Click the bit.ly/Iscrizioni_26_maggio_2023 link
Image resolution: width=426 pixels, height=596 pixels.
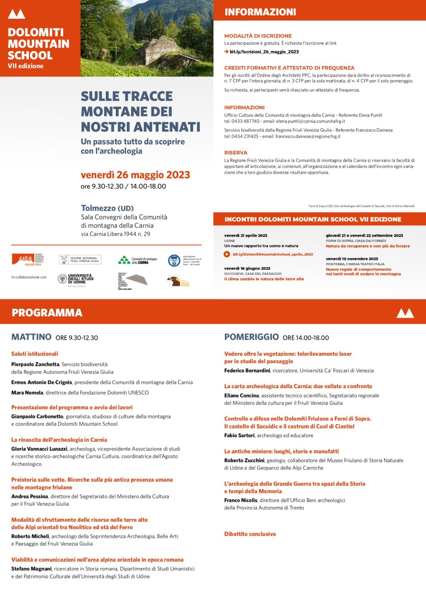click(264, 52)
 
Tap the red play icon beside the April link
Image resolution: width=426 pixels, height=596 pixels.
click(227, 254)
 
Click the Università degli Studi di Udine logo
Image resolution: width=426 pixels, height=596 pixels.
click(76, 279)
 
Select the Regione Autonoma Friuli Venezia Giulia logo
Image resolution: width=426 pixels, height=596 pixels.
click(80, 260)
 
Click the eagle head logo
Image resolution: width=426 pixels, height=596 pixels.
click(174, 281)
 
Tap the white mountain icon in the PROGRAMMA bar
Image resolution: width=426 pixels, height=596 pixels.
click(405, 313)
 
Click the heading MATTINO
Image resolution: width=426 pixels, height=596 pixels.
click(31, 337)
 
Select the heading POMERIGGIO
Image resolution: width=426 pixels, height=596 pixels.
click(251, 337)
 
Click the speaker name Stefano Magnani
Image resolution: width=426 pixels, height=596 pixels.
click(32, 568)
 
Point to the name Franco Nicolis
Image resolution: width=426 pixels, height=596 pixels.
click(241, 500)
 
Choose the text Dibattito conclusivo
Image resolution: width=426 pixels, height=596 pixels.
click(250, 534)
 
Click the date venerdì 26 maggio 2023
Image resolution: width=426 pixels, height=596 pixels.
click(135, 175)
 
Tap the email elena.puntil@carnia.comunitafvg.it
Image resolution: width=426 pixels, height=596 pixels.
click(310, 121)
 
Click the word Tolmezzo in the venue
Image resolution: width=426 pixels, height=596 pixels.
click(98, 208)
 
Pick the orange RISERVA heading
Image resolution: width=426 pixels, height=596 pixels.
click(236, 153)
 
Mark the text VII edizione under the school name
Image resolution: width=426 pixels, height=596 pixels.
click(25, 66)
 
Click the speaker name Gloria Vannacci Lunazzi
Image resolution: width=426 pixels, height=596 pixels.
click(39, 449)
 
